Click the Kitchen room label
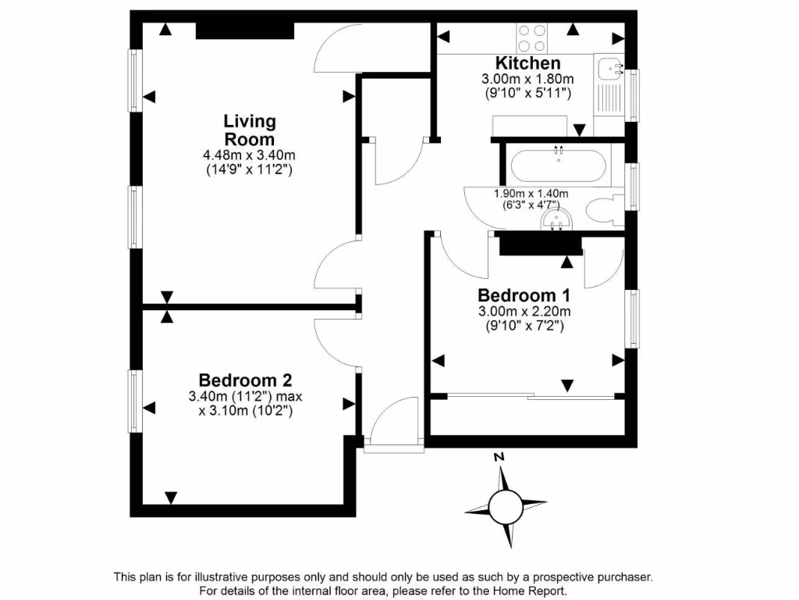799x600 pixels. (528, 63)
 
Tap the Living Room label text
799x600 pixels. (250, 130)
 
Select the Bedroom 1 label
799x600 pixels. (524, 296)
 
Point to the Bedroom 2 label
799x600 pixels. (245, 380)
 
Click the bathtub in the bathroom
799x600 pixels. (558, 165)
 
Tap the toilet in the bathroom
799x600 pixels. (602, 210)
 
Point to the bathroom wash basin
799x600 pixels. (557, 220)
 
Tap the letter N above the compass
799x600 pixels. (500, 457)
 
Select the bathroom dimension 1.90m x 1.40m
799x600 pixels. (531, 194)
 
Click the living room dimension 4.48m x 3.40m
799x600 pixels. (249, 155)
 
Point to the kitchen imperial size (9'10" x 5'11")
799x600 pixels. (528, 92)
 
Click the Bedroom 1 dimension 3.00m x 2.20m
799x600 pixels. (524, 312)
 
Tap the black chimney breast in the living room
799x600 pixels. (245, 30)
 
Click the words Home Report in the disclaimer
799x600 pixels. (527, 591)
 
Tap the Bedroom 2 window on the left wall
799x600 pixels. (134, 401)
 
